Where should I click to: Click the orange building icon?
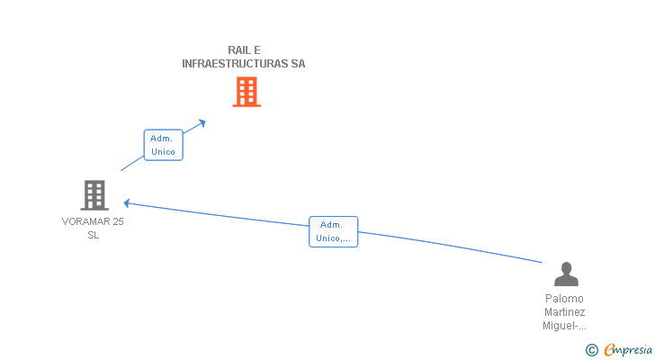point(247,92)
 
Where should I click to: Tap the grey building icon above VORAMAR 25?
point(94,194)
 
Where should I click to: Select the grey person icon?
point(566,274)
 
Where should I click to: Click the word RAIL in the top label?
point(238,50)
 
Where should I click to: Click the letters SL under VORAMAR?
point(94,235)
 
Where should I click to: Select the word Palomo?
point(565,298)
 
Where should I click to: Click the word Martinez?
point(565,311)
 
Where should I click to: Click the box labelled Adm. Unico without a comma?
point(163,145)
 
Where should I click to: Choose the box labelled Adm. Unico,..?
point(333,232)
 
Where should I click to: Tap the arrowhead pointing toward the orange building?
point(202,121)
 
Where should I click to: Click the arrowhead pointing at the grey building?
point(127,202)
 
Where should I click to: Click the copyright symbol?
point(591,349)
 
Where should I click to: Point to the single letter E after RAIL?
point(257,50)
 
